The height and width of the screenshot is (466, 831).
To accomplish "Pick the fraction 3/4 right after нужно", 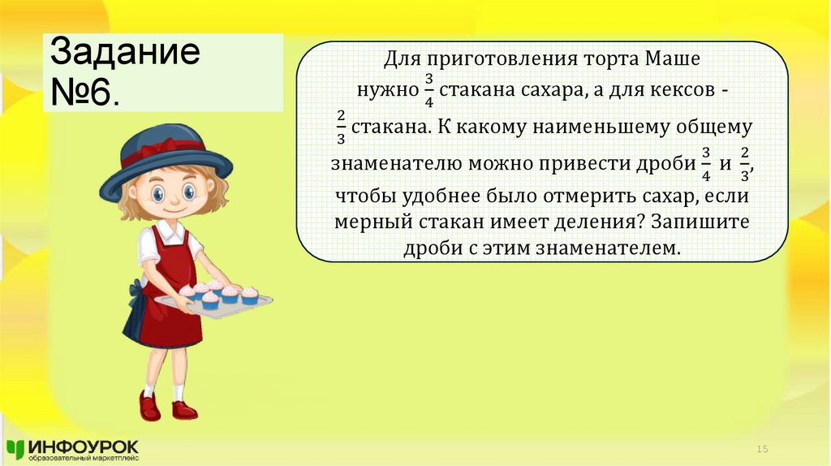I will click(x=429, y=92).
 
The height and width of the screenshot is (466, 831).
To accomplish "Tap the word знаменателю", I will click(x=397, y=162).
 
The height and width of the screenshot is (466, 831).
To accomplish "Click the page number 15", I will click(x=762, y=449).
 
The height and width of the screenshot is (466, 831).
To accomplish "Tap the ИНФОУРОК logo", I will click(x=73, y=449).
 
